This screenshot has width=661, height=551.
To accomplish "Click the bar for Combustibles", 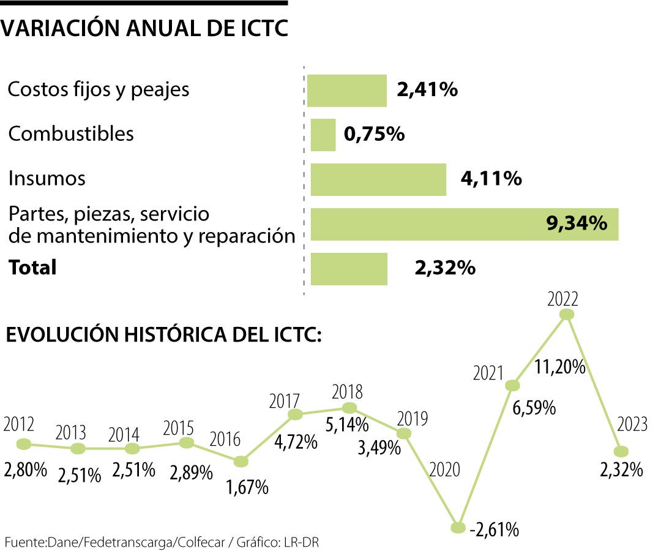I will (323, 135).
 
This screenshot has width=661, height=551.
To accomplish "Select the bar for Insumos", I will (378, 179).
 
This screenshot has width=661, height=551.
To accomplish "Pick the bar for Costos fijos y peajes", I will (346, 91).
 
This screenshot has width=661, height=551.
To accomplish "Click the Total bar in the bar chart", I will (349, 269).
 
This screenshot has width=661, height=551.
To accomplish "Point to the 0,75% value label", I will (375, 134).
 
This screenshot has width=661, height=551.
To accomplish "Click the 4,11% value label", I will (491, 179).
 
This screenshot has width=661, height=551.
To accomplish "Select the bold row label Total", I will (32, 268).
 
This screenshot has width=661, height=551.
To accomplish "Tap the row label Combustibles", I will (70, 134).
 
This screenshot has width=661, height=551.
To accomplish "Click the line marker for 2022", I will (567, 314).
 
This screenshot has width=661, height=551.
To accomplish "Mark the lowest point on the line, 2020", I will (457, 527).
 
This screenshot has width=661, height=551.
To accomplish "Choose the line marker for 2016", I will (242, 461).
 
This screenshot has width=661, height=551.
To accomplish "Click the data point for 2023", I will (621, 451).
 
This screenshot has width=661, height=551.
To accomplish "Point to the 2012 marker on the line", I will (24, 443).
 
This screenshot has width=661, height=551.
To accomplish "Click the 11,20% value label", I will (560, 368).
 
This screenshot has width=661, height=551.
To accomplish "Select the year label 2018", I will (347, 391).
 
